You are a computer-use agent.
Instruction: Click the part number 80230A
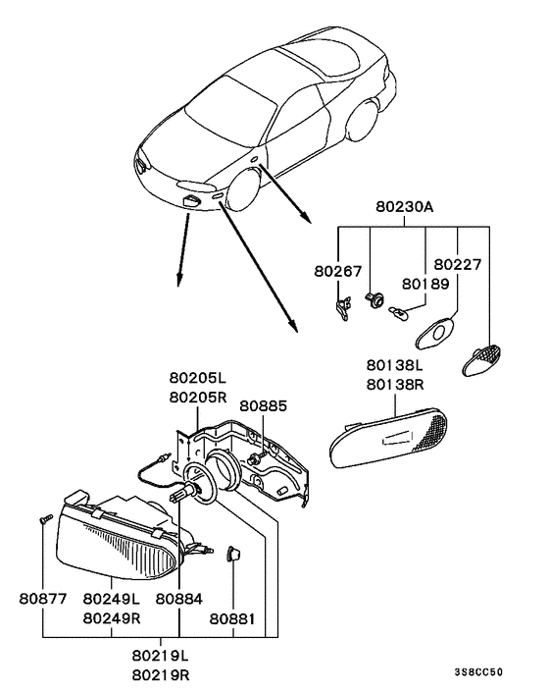tap(404, 207)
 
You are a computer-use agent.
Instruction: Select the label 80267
tap(337, 271)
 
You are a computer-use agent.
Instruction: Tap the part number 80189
tap(425, 284)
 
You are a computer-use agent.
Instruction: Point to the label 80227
tap(458, 264)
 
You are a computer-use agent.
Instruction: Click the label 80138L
tap(395, 365)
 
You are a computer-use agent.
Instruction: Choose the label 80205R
tap(198, 398)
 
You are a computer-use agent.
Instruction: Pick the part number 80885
tap(263, 405)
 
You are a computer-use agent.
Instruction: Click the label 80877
tap(43, 599)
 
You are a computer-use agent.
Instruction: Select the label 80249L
tap(112, 599)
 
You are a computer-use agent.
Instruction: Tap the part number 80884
tap(179, 599)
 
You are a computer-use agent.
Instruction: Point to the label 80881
tap(232, 619)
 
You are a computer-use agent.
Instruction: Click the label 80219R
tap(161, 675)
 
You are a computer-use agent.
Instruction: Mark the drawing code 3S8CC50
tap(478, 672)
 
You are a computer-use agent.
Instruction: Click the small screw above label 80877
tap(45, 519)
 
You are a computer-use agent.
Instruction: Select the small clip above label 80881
tap(233, 554)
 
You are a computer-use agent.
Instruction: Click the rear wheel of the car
tap(363, 120)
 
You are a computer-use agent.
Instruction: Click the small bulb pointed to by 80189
tap(398, 315)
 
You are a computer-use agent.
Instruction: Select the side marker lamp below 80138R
tap(388, 438)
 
